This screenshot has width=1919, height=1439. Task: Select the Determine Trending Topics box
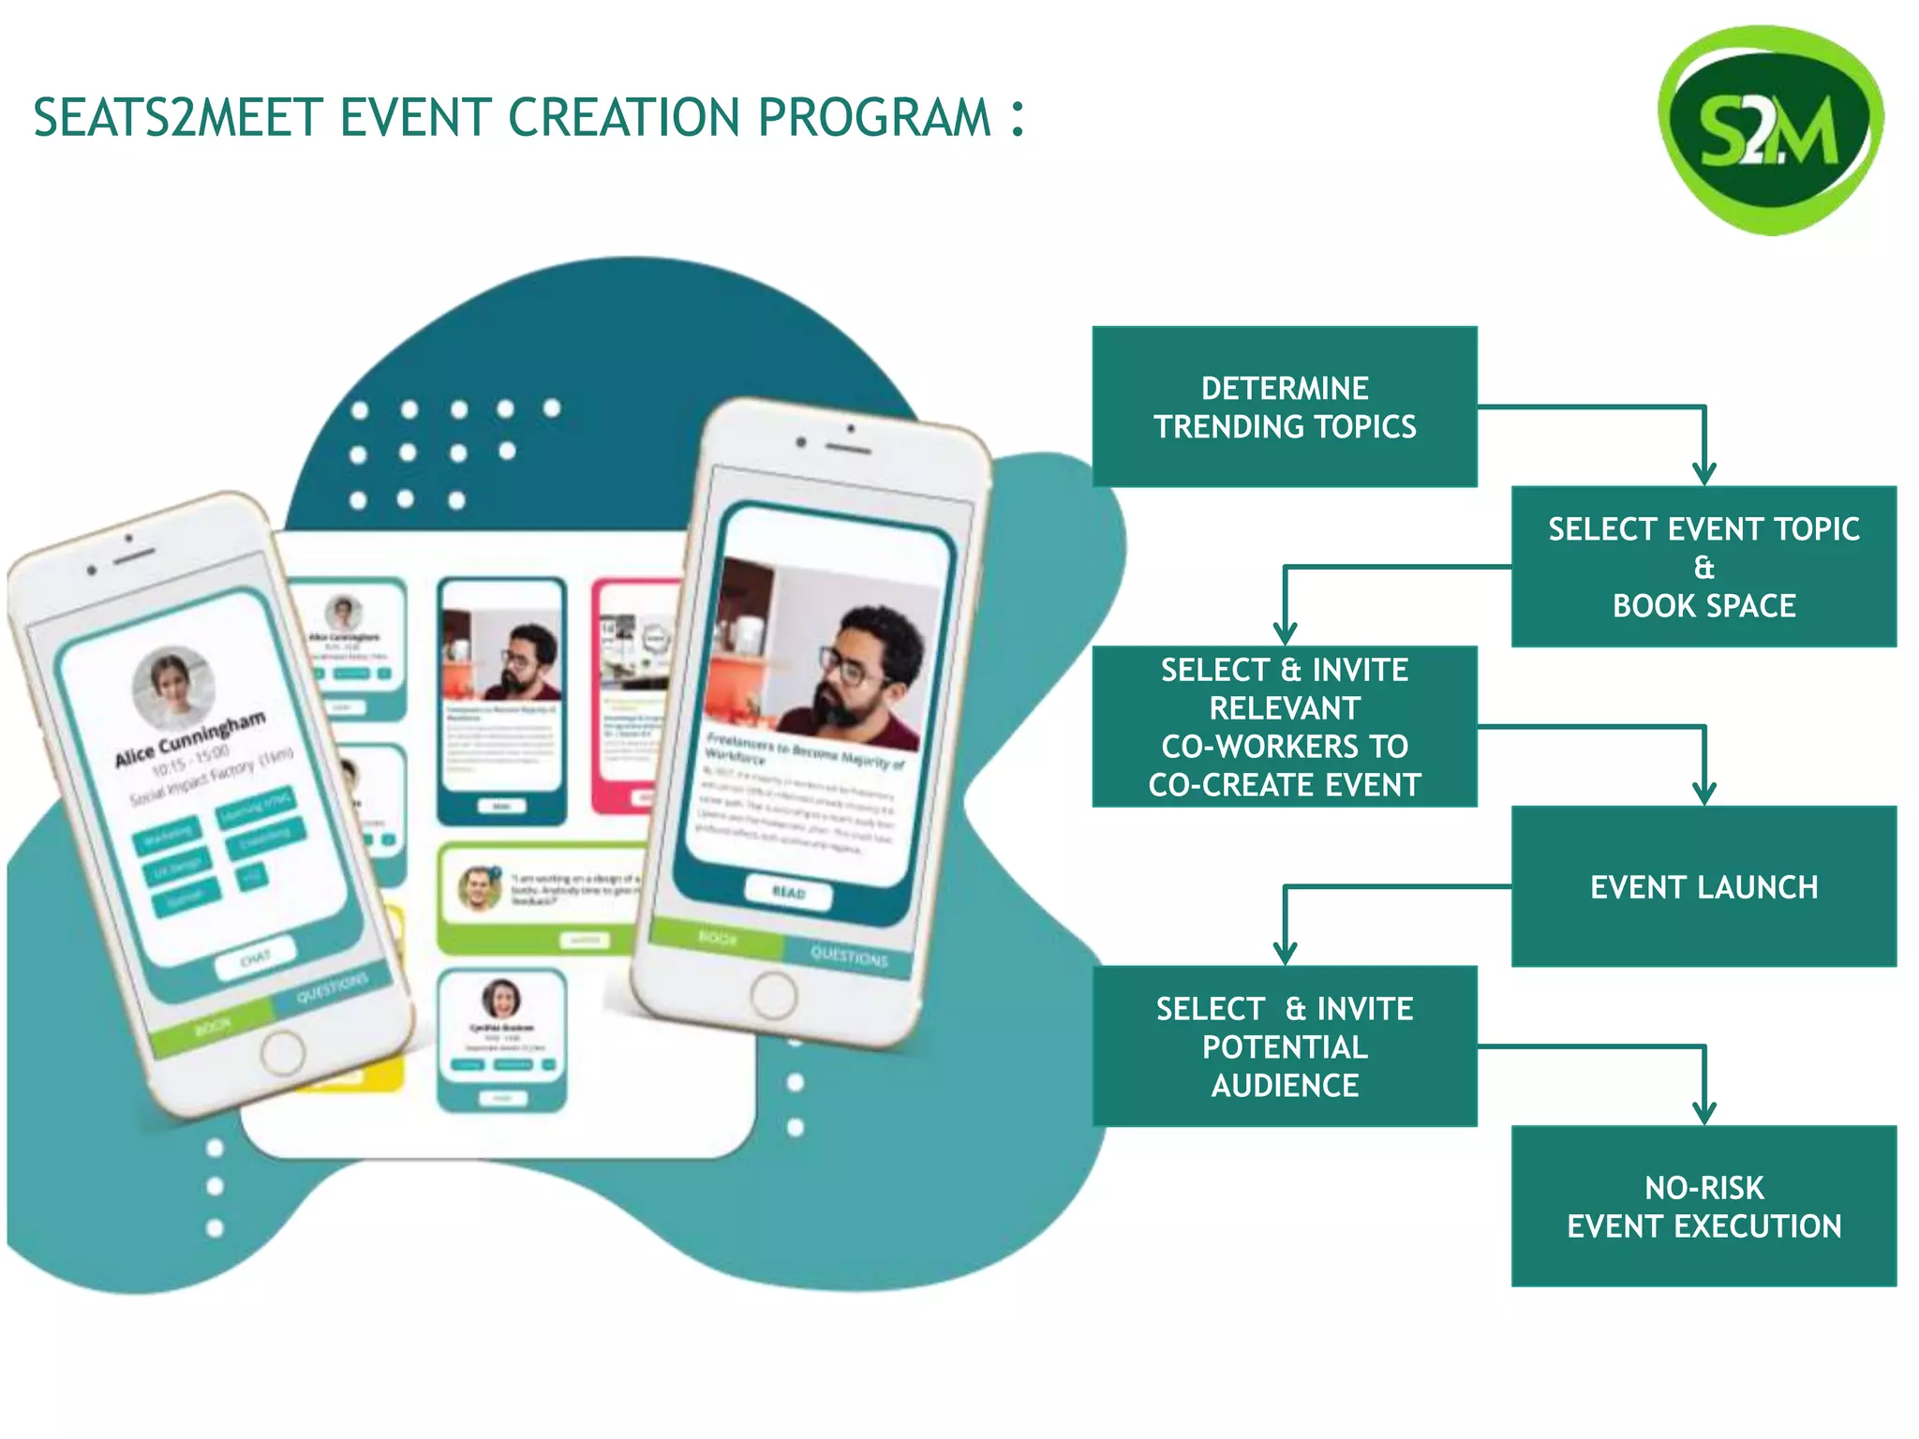pyautogui.click(x=1284, y=407)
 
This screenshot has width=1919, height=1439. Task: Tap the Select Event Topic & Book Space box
pyautogui.click(x=1703, y=567)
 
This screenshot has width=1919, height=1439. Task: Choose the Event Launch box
pyautogui.click(x=1703, y=886)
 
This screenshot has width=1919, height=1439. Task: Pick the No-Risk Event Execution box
pyautogui.click(x=1703, y=1206)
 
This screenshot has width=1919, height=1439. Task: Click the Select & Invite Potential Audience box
pyautogui.click(x=1284, y=1046)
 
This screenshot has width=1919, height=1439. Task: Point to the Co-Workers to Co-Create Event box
pyautogui.click(x=1284, y=727)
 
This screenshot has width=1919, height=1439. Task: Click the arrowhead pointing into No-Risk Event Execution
pyautogui.click(x=1703, y=1113)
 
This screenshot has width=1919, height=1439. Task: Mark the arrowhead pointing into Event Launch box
pyautogui.click(x=1703, y=794)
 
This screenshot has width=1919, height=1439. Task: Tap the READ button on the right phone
pyautogui.click(x=788, y=892)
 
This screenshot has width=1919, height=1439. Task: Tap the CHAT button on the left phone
pyautogui.click(x=255, y=957)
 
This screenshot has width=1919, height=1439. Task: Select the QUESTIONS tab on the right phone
pyautogui.click(x=848, y=957)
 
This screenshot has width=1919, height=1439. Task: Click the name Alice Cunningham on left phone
pyautogui.click(x=189, y=738)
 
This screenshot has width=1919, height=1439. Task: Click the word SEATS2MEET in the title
pyautogui.click(x=178, y=118)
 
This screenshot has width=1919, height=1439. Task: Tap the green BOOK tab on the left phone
pyautogui.click(x=213, y=1028)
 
